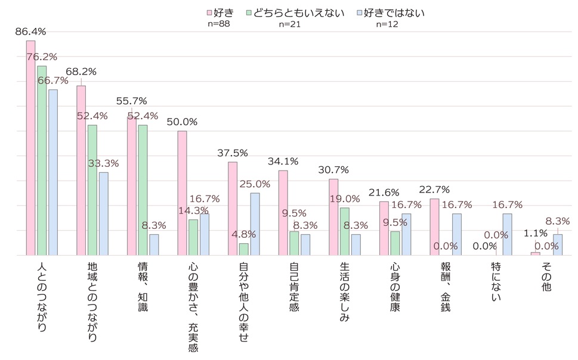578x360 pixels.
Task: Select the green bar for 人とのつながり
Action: point(42,160)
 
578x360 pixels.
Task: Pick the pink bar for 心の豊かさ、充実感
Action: point(182,193)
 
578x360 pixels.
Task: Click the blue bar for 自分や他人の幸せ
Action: point(255,224)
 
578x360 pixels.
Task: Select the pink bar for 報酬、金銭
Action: point(434,227)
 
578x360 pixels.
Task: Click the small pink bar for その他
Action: point(535,253)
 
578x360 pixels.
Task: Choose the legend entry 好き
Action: point(221,13)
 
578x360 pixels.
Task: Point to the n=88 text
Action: point(218,24)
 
